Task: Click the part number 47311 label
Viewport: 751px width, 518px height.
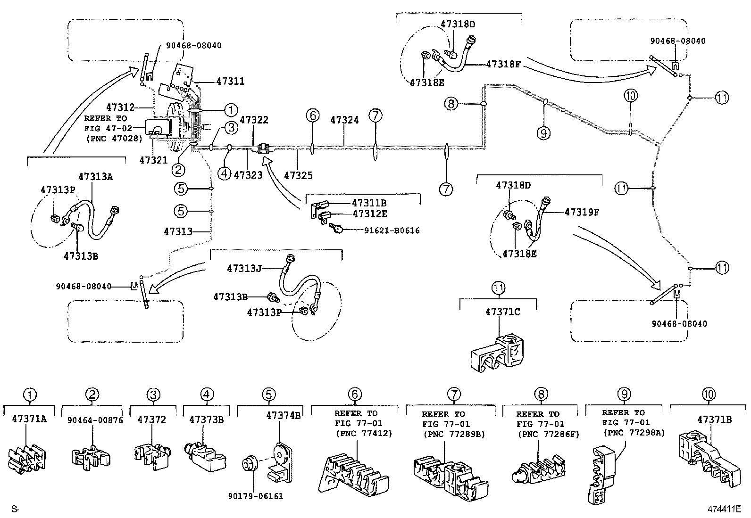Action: coord(230,81)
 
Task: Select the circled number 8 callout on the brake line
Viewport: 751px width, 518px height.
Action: coord(451,103)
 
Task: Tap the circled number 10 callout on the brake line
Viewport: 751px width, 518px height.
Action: coord(630,96)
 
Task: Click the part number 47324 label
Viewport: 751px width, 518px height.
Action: coord(344,120)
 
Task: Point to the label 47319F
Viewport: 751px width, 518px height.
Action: coord(582,212)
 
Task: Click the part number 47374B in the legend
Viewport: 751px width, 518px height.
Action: coord(283,416)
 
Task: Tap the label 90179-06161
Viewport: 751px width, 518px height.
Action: coord(256,496)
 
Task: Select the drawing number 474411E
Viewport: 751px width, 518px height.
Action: coord(724,509)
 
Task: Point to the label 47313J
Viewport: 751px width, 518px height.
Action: coord(244,269)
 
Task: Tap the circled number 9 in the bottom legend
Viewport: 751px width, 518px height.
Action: coord(624,394)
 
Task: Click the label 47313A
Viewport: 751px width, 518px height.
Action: coord(96,177)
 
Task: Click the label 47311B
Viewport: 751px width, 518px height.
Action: coord(369,203)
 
